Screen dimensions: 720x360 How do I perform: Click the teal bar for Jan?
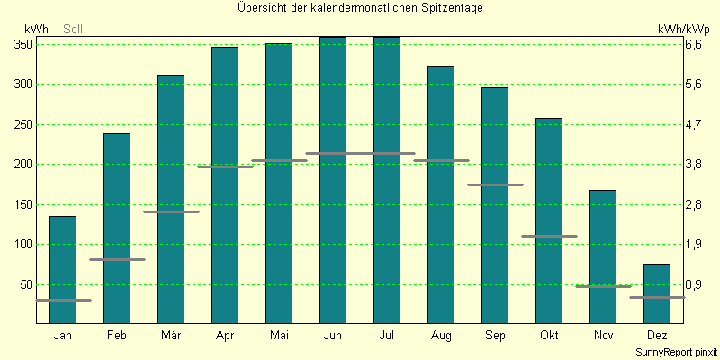pos(62,270)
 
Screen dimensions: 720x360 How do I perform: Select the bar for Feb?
pos(117,229)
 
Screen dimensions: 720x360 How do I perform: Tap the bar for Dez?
pos(657,294)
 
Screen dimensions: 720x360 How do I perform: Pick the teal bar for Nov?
pos(602,257)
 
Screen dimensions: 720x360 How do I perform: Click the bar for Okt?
pos(549,220)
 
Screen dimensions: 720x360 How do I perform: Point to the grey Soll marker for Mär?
pos(171,211)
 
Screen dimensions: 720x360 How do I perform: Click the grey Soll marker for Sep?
pos(495,184)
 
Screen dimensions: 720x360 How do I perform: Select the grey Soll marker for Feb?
pos(117,259)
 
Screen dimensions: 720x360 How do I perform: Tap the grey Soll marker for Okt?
pos(549,236)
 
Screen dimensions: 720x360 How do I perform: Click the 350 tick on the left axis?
pos(24,44)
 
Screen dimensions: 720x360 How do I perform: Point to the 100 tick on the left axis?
pos(24,244)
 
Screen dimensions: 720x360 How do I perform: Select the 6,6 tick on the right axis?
pos(694,44)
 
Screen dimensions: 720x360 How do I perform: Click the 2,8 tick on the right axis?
pos(694,204)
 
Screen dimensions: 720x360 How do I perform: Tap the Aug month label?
pos(441,335)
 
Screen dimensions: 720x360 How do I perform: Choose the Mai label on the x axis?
pos(279,335)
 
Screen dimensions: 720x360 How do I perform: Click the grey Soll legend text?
pos(73,30)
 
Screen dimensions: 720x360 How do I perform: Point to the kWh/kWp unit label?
pos(683,29)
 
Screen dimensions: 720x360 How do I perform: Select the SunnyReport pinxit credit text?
pos(677,352)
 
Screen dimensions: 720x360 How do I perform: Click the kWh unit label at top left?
pos(36,29)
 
